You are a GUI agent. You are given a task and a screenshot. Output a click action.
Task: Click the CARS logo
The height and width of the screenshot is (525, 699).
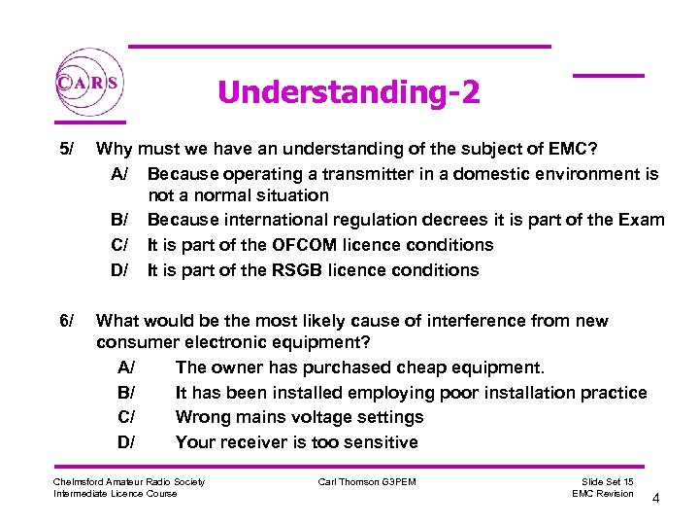coord(88,83)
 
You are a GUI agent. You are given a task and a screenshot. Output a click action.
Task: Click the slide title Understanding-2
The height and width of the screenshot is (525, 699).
coord(349,92)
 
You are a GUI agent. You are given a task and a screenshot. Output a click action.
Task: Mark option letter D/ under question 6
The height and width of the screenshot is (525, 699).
coord(126,442)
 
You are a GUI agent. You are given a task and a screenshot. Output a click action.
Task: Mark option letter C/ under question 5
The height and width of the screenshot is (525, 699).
coord(120,245)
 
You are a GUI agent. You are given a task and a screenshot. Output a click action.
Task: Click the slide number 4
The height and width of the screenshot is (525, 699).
coord(656,499)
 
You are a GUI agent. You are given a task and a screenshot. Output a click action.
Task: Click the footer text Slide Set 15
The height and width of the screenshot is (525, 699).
coord(607,482)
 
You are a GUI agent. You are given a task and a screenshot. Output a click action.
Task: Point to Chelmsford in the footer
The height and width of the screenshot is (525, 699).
coord(79,482)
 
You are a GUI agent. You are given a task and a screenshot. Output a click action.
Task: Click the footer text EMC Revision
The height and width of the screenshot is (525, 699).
coord(603,494)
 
